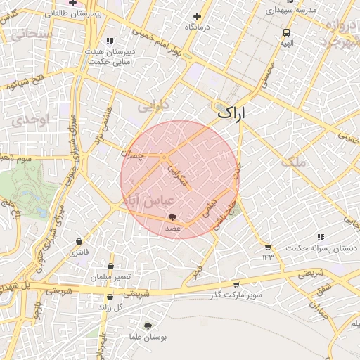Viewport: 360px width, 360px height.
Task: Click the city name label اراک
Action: pyautogui.click(x=233, y=112)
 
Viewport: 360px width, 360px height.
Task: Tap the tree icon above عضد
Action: pyautogui.click(x=173, y=218)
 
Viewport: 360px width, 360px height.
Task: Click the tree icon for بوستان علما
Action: pyautogui.click(x=148, y=326)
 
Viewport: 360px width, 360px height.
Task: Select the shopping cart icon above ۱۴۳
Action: pyautogui.click(x=267, y=247)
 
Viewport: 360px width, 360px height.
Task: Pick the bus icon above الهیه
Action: pyautogui.click(x=287, y=32)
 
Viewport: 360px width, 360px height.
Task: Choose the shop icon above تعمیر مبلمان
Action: pyautogui.click(x=112, y=266)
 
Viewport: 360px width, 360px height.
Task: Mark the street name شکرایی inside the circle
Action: pyautogui.click(x=179, y=172)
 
